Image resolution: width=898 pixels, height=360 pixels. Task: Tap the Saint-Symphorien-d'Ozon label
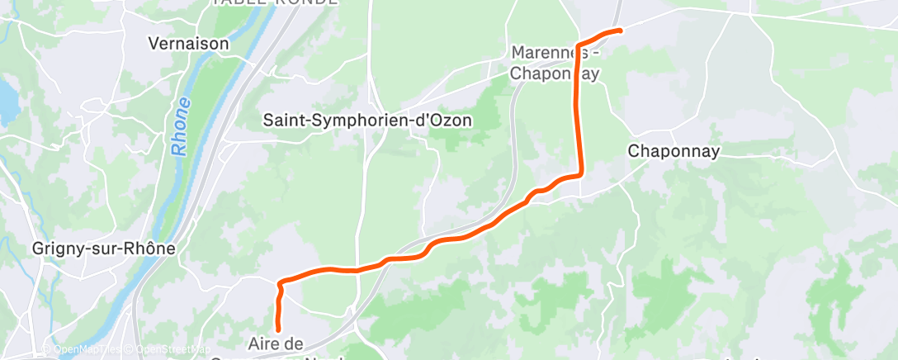tap(367, 120)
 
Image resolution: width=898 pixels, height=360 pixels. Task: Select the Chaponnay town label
tap(673, 151)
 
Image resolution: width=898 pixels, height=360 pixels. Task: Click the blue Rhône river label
tap(179, 127)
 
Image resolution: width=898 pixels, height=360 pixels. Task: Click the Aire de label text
tap(276, 342)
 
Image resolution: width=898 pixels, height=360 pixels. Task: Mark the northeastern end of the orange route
tap(620, 31)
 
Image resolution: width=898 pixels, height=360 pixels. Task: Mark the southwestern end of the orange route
tap(278, 329)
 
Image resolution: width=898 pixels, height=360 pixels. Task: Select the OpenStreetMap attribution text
tap(169, 349)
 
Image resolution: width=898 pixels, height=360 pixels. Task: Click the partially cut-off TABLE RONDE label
tap(274, 2)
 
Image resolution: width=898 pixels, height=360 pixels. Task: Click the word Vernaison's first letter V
tap(153, 42)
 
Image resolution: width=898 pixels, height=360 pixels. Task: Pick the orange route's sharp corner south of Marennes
tap(580, 173)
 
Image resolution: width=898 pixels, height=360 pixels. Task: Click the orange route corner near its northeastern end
tap(577, 44)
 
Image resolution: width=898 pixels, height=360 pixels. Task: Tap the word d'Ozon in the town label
tap(444, 120)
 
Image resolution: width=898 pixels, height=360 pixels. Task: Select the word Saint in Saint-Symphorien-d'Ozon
tap(282, 120)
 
